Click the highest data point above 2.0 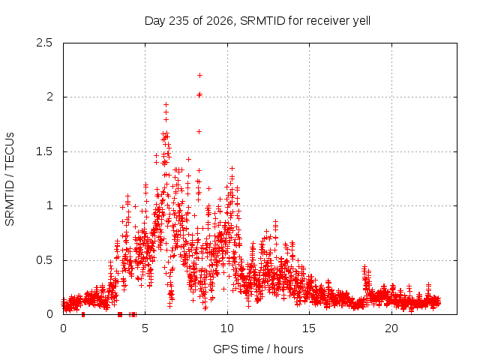[x=199, y=75]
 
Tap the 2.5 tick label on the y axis [x=44, y=43]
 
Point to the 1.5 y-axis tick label [x=44, y=151]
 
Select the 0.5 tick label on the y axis [x=44, y=260]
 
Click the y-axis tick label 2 [x=49, y=97]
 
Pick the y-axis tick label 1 [x=49, y=205]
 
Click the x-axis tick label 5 [x=145, y=328]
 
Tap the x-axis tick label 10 [x=227, y=328]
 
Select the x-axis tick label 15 [x=309, y=328]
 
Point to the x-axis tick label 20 [x=391, y=328]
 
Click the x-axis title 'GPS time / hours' [x=258, y=349]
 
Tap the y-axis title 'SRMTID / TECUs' [x=10, y=179]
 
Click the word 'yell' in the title [x=361, y=21]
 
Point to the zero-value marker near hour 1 [x=83, y=314]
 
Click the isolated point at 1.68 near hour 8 [x=199, y=132]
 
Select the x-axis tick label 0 [x=63, y=328]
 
